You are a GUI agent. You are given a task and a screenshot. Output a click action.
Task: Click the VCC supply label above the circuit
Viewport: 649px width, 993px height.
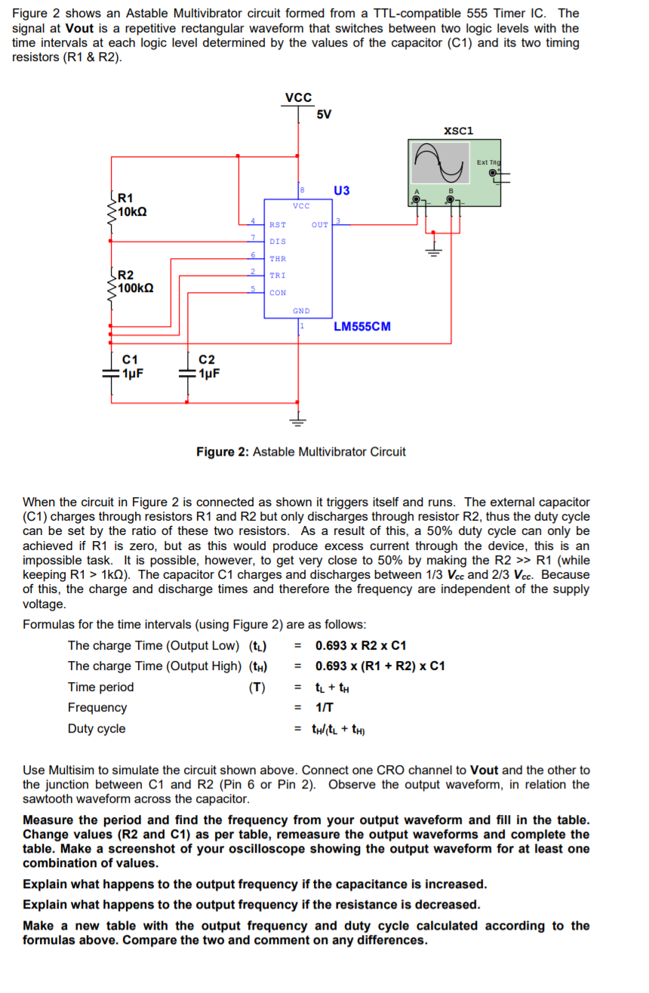(299, 97)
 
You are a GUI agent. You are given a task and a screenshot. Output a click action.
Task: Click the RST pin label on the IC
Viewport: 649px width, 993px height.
(277, 225)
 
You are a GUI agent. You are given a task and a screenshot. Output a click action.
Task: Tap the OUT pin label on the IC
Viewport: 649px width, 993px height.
(320, 225)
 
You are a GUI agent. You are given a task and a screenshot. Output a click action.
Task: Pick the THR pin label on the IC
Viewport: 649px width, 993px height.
(277, 259)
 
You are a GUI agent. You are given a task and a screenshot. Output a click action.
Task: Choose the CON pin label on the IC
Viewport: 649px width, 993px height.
(277, 293)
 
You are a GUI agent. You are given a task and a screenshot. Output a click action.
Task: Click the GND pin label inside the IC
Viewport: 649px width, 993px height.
(300, 311)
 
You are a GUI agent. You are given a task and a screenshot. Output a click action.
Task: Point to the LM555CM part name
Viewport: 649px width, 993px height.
(362, 327)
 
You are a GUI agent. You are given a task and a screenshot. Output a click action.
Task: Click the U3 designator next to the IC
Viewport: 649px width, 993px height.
(341, 190)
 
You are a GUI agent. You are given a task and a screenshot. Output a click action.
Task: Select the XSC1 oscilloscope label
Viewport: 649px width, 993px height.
(459, 131)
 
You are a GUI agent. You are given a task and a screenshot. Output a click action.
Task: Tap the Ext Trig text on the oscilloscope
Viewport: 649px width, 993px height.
(488, 162)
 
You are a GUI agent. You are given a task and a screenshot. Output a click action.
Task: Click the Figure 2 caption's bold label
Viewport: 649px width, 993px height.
(223, 452)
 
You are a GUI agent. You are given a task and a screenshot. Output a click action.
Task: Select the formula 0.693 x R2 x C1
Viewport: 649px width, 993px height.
(361, 646)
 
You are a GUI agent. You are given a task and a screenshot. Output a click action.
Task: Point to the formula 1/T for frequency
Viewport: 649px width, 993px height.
(324, 708)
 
